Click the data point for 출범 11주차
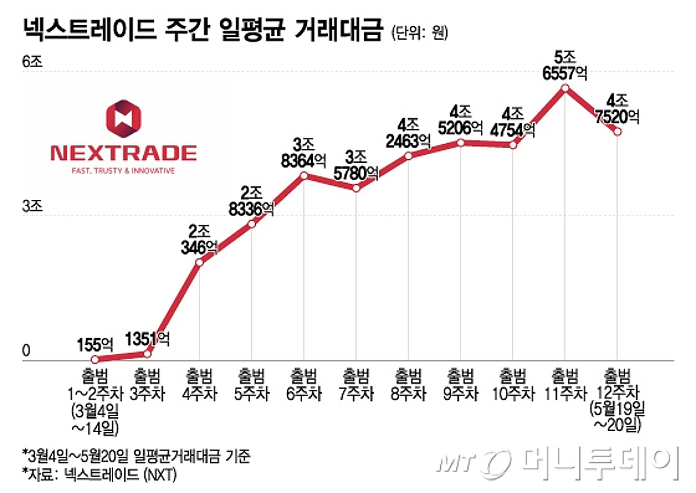point(565,88)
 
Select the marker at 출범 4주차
point(200,262)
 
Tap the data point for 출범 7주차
point(356,188)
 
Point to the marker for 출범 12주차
point(618,132)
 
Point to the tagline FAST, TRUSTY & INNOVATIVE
point(124,171)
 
